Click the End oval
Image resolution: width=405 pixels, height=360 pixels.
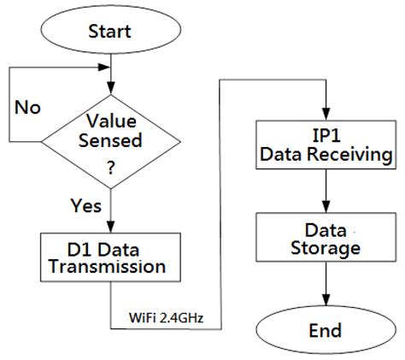(325, 330)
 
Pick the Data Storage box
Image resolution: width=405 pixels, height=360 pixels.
(325, 239)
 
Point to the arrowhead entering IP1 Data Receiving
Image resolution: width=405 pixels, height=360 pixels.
(326, 115)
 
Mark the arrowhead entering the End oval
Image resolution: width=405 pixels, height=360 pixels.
(326, 302)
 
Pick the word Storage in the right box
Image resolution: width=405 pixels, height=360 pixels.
(325, 249)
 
